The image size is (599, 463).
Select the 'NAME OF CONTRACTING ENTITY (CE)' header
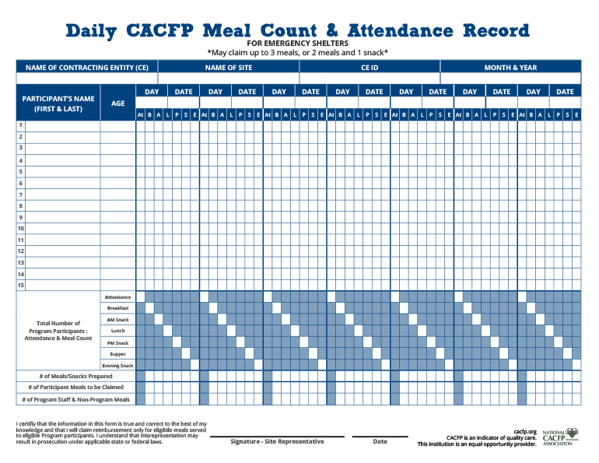click(x=87, y=68)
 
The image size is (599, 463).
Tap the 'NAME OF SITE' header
click(x=228, y=68)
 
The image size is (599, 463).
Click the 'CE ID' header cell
click(x=370, y=68)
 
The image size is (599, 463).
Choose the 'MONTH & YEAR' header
click(x=510, y=68)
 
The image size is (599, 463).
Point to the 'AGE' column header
click(x=117, y=103)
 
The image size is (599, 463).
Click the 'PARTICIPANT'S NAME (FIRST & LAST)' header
click(x=58, y=103)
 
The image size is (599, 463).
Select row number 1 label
click(x=21, y=125)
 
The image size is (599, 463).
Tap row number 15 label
click(x=21, y=286)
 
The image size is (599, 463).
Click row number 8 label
click(x=21, y=206)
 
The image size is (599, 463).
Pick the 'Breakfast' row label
click(x=118, y=308)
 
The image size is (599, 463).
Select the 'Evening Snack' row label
click(x=118, y=366)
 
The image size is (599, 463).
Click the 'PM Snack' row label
click(x=118, y=343)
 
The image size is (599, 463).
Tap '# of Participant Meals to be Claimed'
click(x=76, y=388)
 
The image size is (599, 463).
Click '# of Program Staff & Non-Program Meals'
click(x=76, y=399)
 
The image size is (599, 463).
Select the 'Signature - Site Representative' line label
click(x=277, y=442)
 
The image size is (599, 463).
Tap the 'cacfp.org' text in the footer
click(x=525, y=430)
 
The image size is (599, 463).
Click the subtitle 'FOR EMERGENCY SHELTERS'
click(x=298, y=44)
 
